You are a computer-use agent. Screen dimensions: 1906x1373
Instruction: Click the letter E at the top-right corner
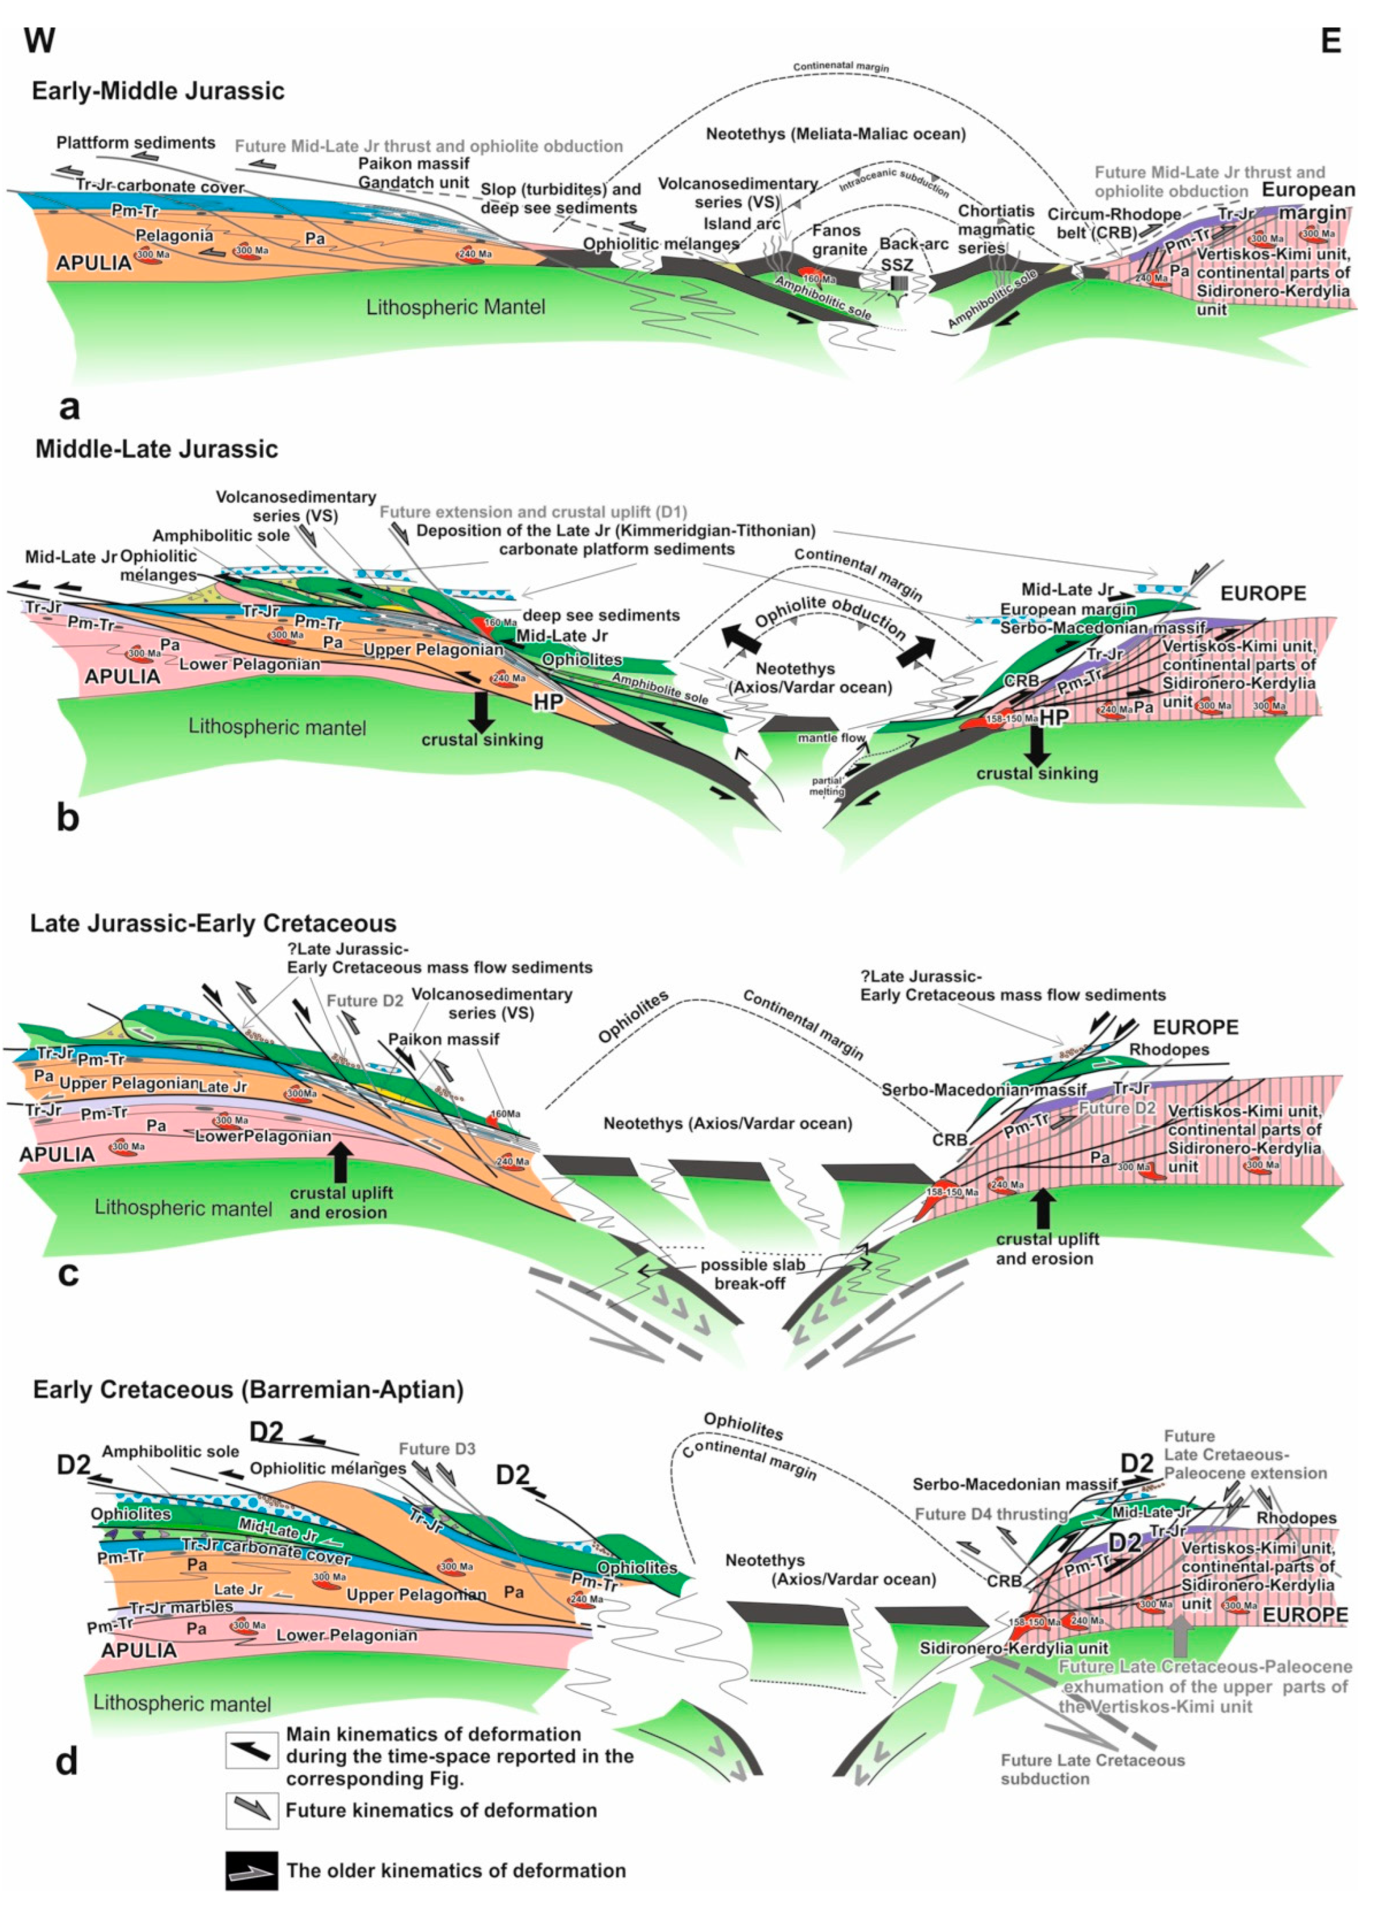point(1330,40)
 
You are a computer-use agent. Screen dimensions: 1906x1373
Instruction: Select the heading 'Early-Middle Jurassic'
point(158,91)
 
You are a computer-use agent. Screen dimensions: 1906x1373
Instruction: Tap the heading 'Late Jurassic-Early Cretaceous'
point(213,923)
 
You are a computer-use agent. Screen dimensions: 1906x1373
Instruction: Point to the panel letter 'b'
point(68,818)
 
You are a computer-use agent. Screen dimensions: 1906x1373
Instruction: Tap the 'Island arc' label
point(740,223)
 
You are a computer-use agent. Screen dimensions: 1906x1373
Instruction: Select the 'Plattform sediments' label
point(135,143)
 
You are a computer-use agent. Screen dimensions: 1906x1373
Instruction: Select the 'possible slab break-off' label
point(752,1274)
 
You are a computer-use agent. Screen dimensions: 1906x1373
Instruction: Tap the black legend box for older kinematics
point(251,1871)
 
